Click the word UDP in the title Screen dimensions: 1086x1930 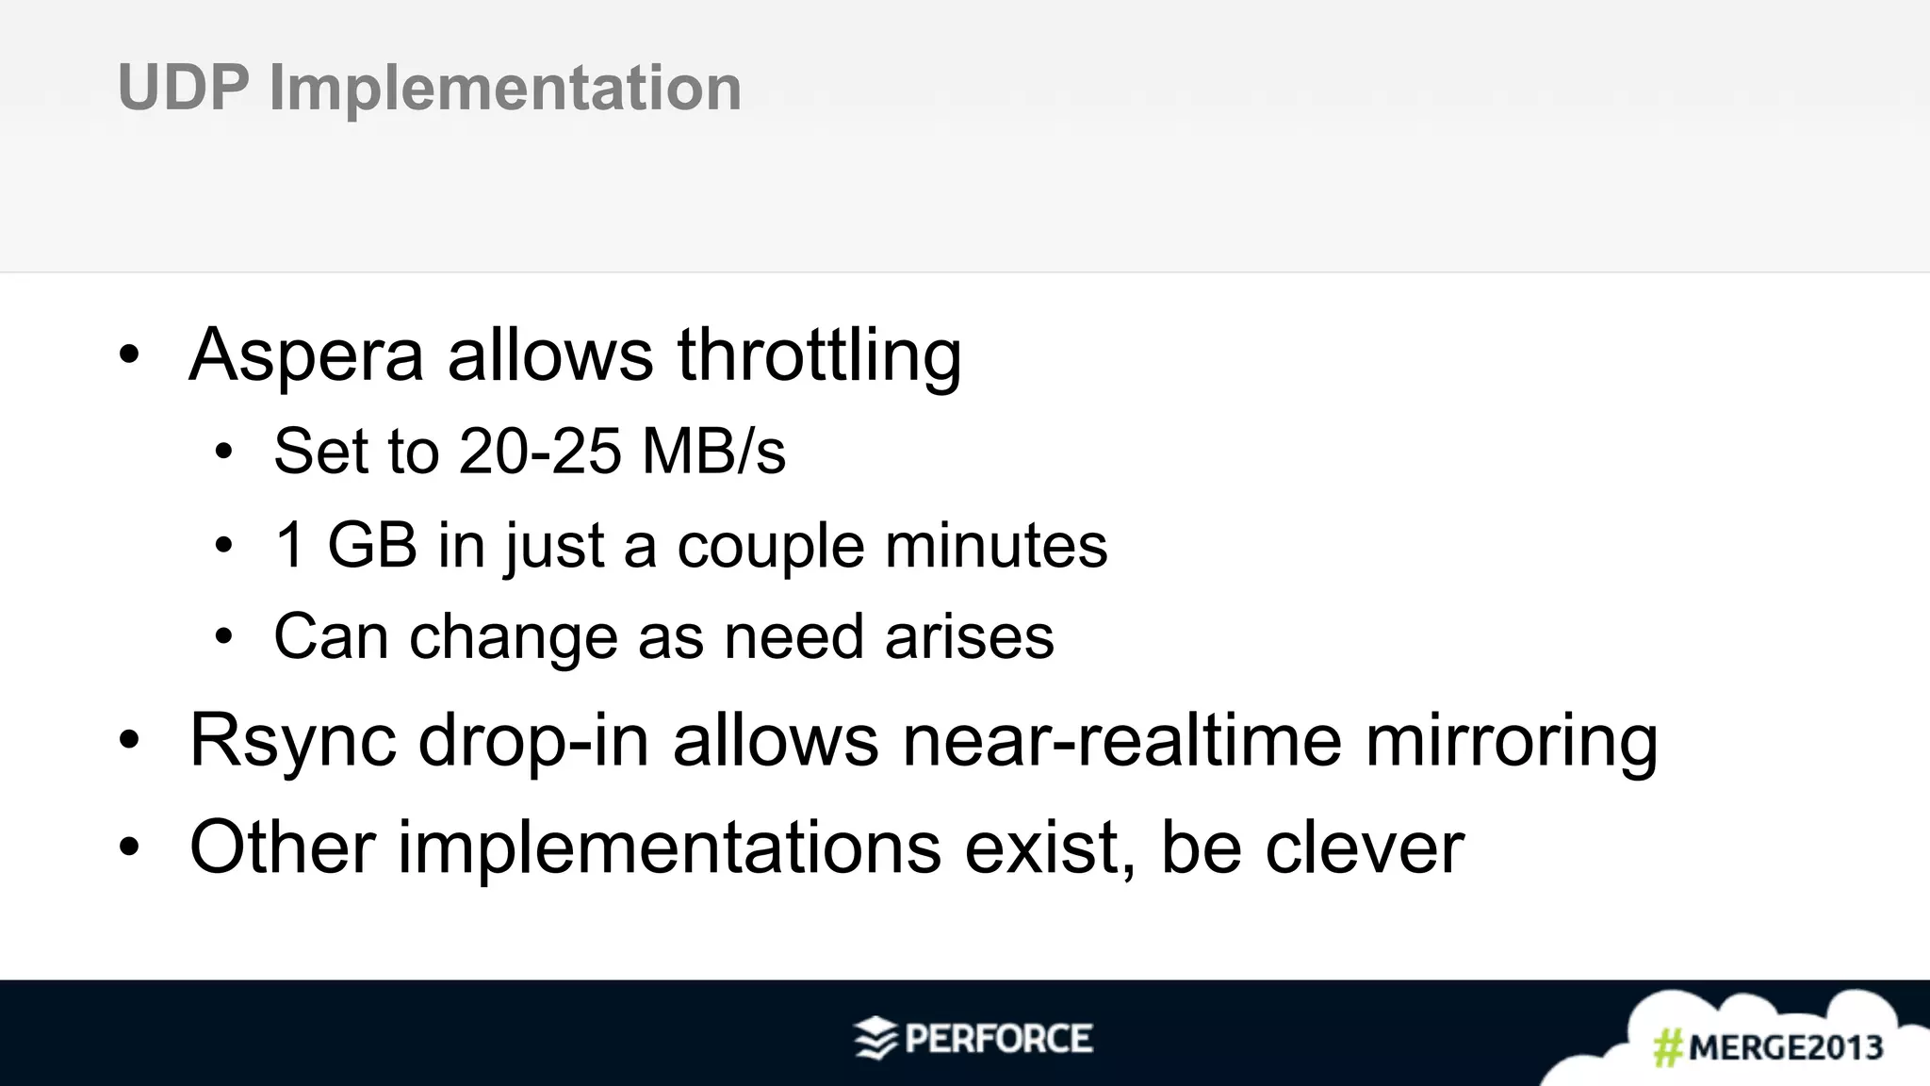(183, 88)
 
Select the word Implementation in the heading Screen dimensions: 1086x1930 (505, 88)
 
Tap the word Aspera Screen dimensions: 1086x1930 (306, 355)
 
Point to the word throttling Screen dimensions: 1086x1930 (819, 355)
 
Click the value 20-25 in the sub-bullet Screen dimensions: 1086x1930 (540, 451)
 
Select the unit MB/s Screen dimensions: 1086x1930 (713, 451)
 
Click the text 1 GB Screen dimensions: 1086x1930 (346, 545)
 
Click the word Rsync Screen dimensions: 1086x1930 (292, 741)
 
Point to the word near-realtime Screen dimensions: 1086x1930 (1121, 741)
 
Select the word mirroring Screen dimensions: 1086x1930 (1512, 741)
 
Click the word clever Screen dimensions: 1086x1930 (1364, 847)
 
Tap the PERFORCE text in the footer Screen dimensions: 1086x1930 (999, 1039)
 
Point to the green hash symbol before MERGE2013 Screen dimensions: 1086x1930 (1668, 1047)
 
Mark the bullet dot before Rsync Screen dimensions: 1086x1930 (129, 741)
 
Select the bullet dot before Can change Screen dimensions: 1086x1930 (223, 637)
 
